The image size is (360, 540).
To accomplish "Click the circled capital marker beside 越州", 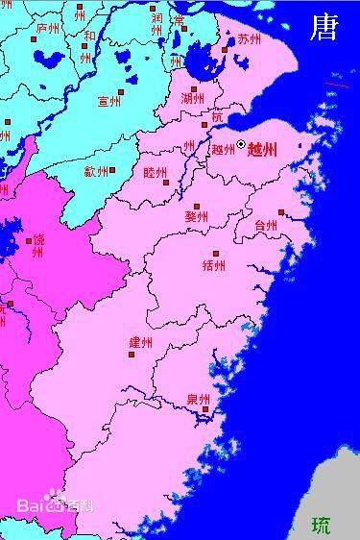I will pos(241,145).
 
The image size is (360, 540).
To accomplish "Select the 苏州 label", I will pos(249,39).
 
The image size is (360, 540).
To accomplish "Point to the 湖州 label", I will pos(192,98).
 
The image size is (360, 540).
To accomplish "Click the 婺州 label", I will pos(196,216).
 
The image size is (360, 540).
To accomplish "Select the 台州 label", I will pos(266,226).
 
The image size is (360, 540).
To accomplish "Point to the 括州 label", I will pos(214,264).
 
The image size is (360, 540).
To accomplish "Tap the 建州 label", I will pos(140,342).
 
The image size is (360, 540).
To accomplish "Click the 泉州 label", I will pos(199,400).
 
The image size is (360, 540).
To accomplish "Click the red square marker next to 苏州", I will pos(225,49).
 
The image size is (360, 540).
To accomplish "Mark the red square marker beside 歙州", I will pos(113,171).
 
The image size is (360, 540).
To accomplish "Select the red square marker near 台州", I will pos(281,212).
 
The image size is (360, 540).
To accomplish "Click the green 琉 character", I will pos(321,525).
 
